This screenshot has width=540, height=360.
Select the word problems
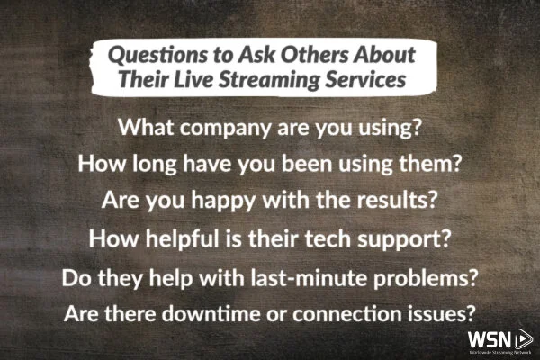pyautogui.click(x=429, y=278)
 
